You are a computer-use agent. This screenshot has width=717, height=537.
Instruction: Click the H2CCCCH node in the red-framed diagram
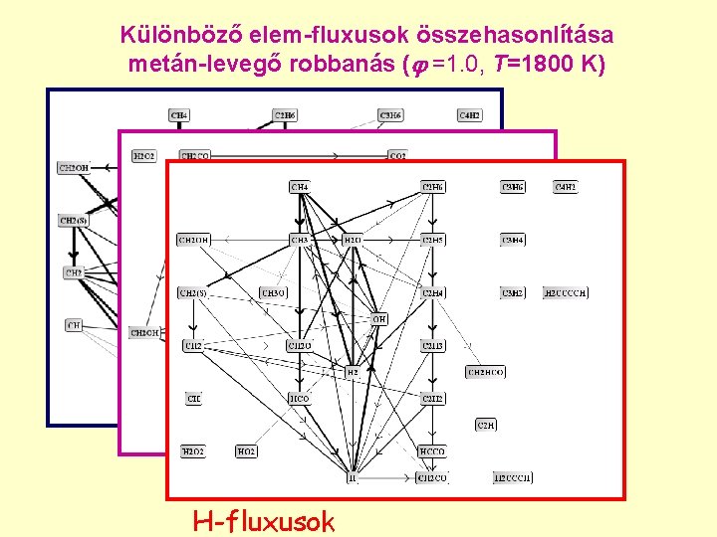click(x=566, y=293)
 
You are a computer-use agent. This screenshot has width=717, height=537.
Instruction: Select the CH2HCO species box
click(x=486, y=372)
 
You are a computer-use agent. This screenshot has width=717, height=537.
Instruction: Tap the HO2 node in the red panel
click(x=245, y=451)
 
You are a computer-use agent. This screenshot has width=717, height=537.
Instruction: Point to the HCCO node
click(x=433, y=451)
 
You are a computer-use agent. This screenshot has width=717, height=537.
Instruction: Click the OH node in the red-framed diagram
click(x=378, y=319)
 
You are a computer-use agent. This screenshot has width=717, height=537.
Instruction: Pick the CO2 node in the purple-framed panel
click(x=397, y=156)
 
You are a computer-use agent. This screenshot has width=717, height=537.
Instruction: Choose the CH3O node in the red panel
click(x=273, y=293)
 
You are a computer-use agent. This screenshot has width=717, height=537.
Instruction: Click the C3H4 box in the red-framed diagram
click(x=513, y=240)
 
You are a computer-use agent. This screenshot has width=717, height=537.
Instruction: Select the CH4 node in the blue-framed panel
click(x=179, y=115)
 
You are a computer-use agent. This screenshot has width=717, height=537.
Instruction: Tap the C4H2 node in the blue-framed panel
click(x=469, y=115)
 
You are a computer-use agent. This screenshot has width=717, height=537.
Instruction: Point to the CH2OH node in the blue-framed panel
click(x=74, y=168)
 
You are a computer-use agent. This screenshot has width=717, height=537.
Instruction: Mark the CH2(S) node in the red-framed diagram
click(x=192, y=293)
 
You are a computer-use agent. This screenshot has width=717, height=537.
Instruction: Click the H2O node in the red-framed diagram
click(x=352, y=240)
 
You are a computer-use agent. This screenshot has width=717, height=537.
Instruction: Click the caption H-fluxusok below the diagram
click(x=264, y=520)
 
